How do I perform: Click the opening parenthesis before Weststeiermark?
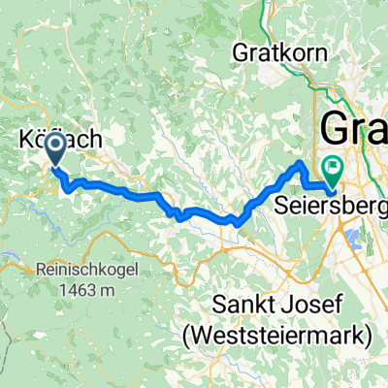(186, 337)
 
